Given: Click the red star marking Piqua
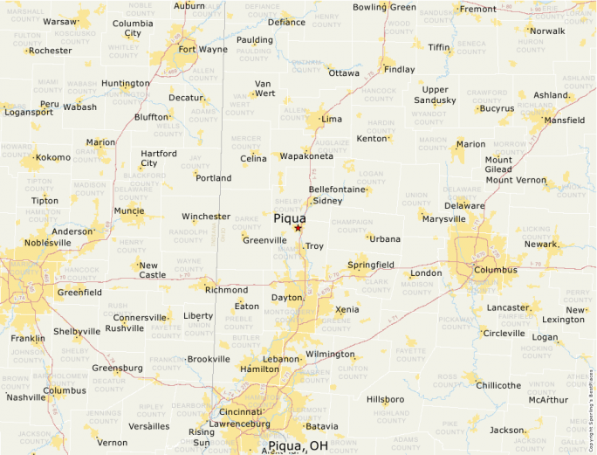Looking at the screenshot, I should pyautogui.click(x=298, y=228).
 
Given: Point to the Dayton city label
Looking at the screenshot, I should pyautogui.click(x=288, y=298).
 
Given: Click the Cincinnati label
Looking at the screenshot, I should pyautogui.click(x=240, y=411).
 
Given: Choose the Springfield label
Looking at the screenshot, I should pyautogui.click(x=371, y=265).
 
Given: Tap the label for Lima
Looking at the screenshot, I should pyautogui.click(x=332, y=119).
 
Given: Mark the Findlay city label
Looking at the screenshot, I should pyautogui.click(x=400, y=69).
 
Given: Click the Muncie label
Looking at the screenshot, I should pyautogui.click(x=129, y=210).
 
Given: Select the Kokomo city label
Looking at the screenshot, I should pyautogui.click(x=52, y=157).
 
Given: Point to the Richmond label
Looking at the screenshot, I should pyautogui.click(x=227, y=290).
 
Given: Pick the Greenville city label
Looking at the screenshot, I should pyautogui.click(x=264, y=240).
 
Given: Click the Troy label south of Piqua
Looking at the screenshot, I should pyautogui.click(x=314, y=247).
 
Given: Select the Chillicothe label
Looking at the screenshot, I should pyautogui.click(x=499, y=385).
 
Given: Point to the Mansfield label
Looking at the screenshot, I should pyautogui.click(x=565, y=121).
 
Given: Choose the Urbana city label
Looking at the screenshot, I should pyautogui.click(x=385, y=238).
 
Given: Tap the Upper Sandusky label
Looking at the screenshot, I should pyautogui.click(x=435, y=95).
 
